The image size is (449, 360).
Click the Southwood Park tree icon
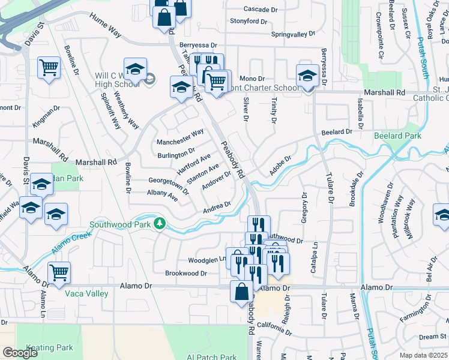click(159, 224)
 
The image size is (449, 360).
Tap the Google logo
click(20, 353)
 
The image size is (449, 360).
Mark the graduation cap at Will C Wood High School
click(136, 68)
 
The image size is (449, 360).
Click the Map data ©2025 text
click(424, 355)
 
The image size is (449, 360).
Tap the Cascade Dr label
click(262, 9)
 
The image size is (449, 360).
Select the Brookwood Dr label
click(186, 273)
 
